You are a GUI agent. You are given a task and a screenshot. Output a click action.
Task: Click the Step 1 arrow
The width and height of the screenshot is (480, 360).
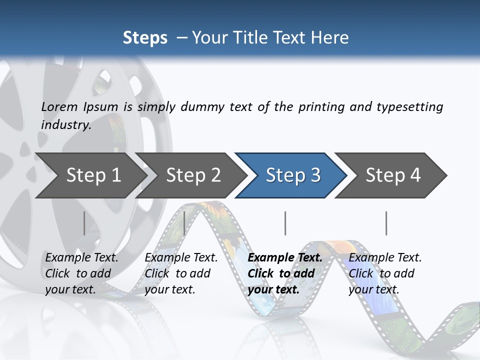pyautogui.click(x=90, y=175)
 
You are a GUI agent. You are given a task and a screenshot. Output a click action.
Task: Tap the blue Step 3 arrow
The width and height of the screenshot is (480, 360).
pyautogui.click(x=292, y=175)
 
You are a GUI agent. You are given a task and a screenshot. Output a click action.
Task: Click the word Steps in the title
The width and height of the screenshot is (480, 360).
pyautogui.click(x=145, y=38)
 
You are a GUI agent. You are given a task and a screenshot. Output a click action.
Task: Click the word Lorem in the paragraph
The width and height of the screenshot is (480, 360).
pyautogui.click(x=59, y=106)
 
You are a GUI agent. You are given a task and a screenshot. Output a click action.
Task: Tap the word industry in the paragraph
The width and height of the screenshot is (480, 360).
pyautogui.click(x=66, y=125)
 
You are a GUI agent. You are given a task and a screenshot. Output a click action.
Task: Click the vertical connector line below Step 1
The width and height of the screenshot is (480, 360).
pyautogui.click(x=84, y=223)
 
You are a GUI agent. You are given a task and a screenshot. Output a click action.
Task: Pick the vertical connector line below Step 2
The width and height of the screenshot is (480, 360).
pyautogui.click(x=184, y=223)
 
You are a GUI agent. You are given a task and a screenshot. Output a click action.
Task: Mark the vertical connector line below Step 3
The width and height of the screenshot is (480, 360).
pyautogui.click(x=285, y=223)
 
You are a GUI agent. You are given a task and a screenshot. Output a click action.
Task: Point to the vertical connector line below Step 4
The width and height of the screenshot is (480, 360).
pyautogui.click(x=386, y=223)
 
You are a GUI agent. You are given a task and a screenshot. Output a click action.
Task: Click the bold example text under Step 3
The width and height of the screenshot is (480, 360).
pyautogui.click(x=284, y=273)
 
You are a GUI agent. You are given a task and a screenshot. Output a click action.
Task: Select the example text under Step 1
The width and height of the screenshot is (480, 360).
pyautogui.click(x=81, y=273)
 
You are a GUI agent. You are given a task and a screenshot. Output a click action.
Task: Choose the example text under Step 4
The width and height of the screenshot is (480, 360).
pyautogui.click(x=384, y=273)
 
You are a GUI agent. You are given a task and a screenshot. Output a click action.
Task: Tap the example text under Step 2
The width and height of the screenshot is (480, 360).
pyautogui.click(x=181, y=273)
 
